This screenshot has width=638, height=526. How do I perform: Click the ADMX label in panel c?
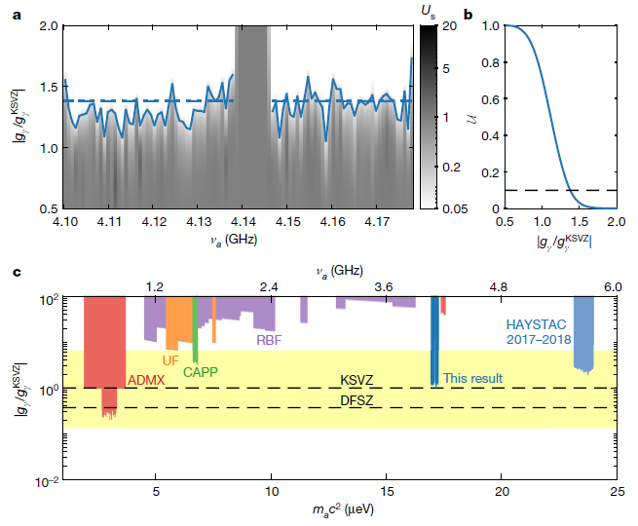point(146,379)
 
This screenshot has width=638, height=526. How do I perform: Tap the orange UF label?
point(170,360)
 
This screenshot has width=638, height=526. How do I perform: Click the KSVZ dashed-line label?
point(357,379)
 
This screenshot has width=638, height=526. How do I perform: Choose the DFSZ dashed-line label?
point(357,399)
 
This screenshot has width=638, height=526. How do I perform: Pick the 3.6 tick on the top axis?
point(383,287)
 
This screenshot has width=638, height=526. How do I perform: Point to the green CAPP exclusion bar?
point(196,331)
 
